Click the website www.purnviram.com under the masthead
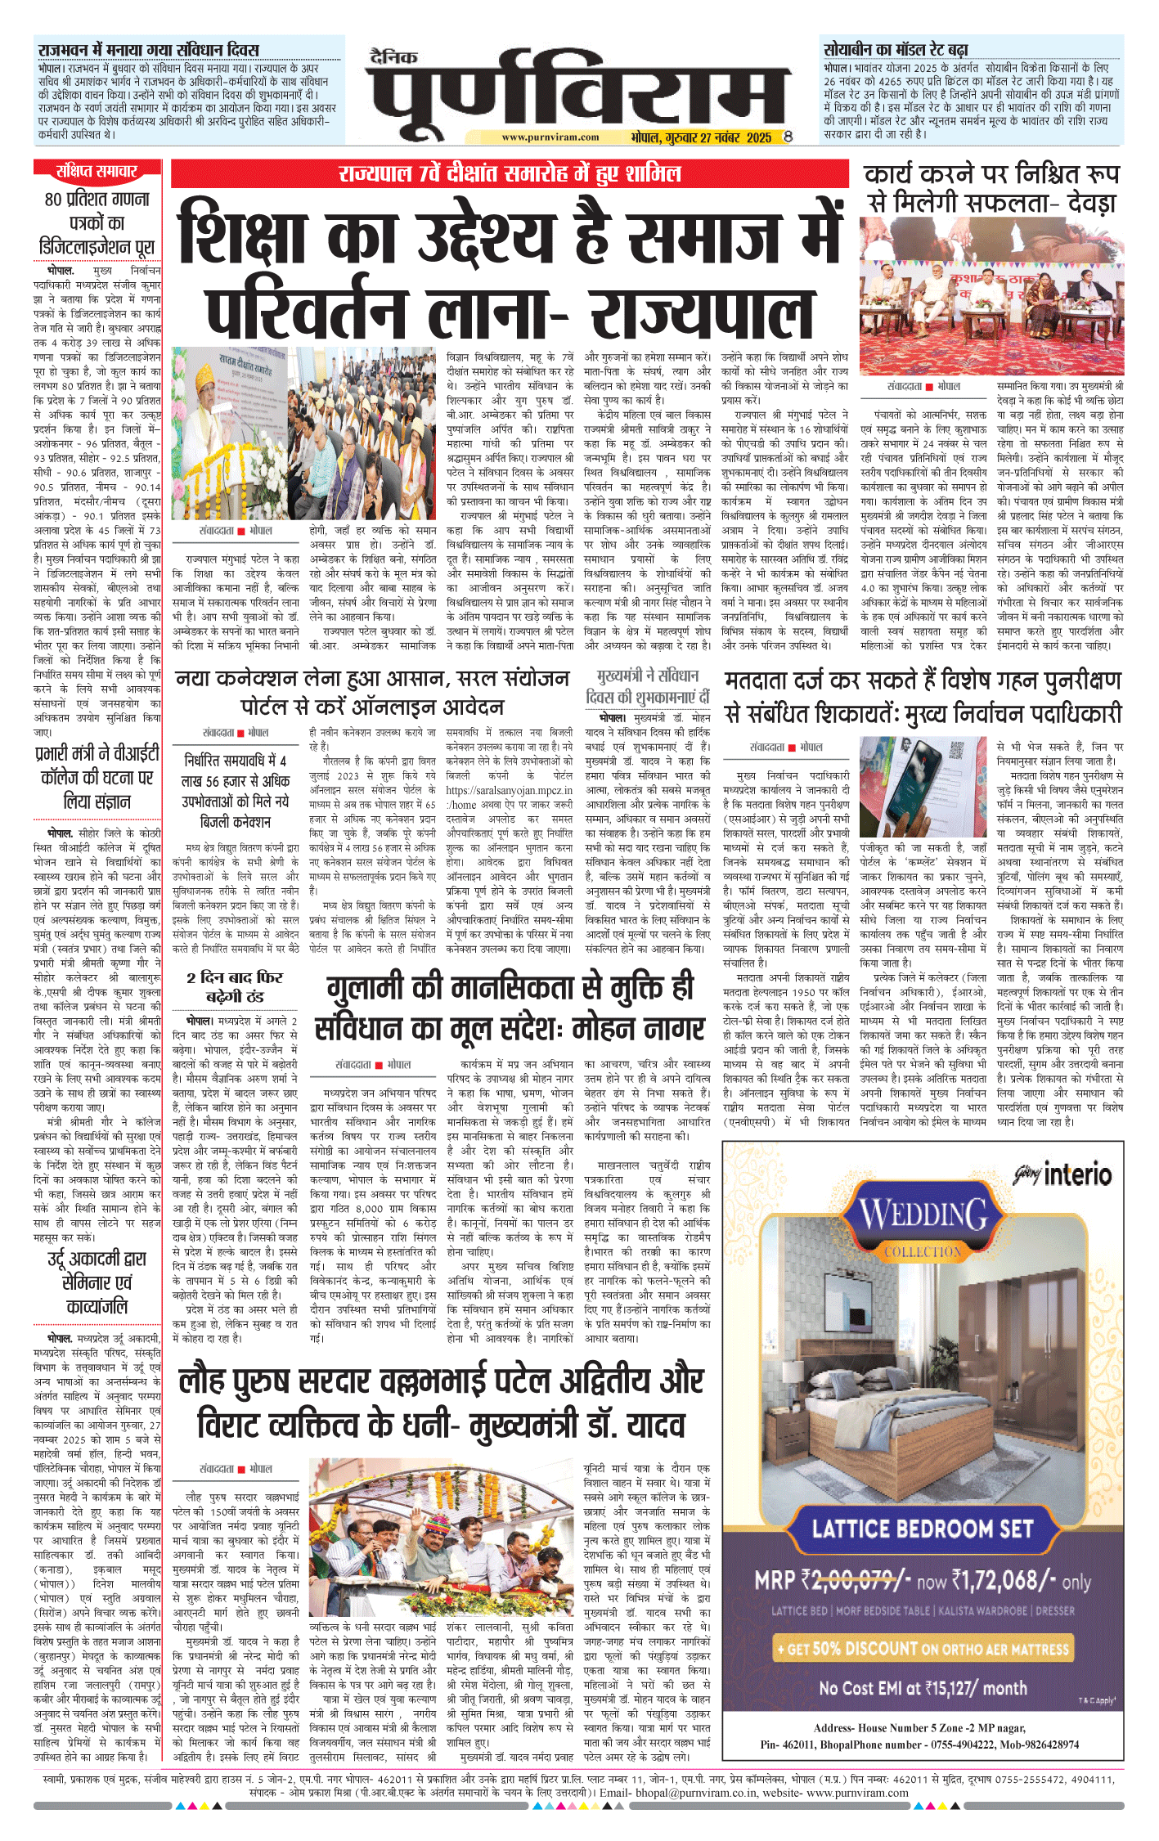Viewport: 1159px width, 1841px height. (550, 137)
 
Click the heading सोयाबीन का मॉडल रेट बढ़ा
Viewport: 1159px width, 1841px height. (896, 50)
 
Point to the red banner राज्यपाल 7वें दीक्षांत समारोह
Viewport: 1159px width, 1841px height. (510, 173)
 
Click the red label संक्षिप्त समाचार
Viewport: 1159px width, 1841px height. (97, 171)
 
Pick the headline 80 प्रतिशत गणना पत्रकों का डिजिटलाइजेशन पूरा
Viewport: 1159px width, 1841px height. (97, 222)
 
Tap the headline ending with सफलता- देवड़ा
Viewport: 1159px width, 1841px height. (991, 202)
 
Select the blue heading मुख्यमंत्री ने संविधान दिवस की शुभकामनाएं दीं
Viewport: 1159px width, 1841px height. (647, 685)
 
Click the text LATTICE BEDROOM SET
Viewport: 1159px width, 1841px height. (923, 1528)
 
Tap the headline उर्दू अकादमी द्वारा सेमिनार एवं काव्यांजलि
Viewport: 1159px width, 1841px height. (97, 1282)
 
